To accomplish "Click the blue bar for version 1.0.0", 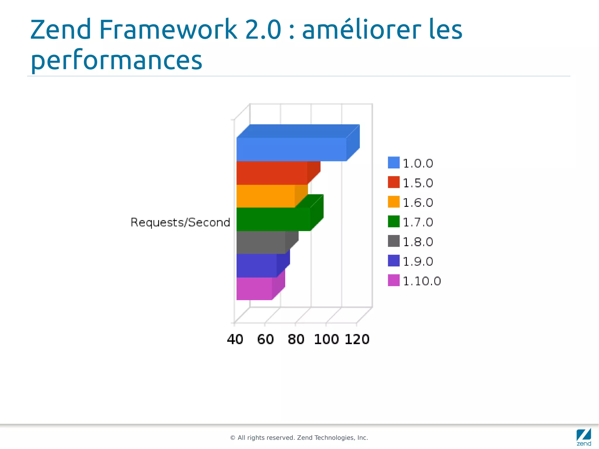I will click(291, 149).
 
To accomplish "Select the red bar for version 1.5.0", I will click(272, 173).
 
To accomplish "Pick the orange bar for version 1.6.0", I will click(265, 196).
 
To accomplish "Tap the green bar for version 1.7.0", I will click(273, 219).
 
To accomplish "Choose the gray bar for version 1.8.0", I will click(261, 242).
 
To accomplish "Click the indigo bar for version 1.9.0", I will click(257, 266).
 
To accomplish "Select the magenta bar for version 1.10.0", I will click(254, 289).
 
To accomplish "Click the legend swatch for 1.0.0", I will click(394, 163).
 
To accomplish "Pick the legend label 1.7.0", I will click(418, 222).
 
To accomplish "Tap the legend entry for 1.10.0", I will click(421, 281).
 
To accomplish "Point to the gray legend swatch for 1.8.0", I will click(394, 241).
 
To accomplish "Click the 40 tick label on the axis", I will click(235, 339).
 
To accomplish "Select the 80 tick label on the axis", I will click(296, 339).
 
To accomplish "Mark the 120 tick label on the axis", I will click(357, 339).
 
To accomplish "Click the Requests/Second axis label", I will click(180, 223).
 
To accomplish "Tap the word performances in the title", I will click(116, 60).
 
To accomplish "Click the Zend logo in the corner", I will click(583, 437).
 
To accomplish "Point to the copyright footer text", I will click(299, 438).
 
